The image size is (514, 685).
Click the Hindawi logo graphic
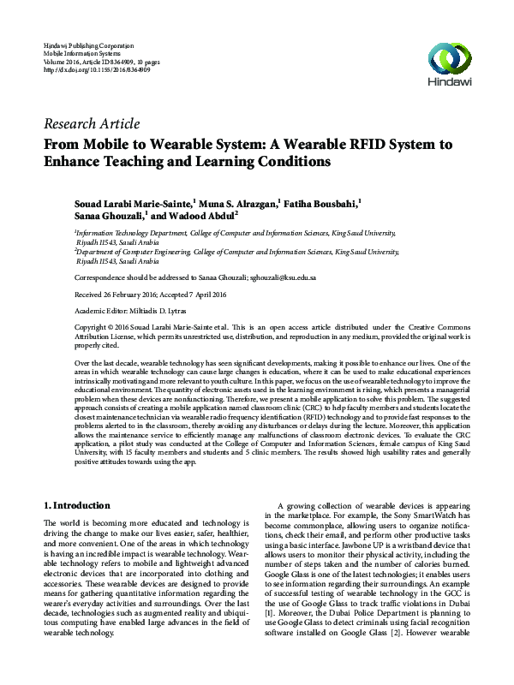click(450, 57)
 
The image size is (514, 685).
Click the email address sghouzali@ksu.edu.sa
click(283, 278)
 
